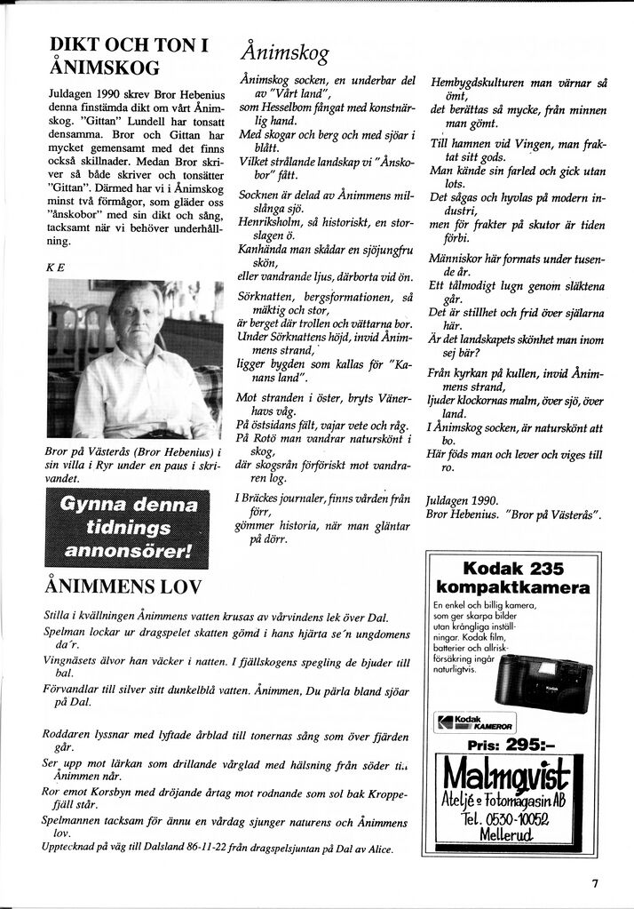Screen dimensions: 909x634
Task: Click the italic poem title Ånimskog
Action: pyautogui.click(x=285, y=54)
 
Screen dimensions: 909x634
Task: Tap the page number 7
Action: pyautogui.click(x=595, y=883)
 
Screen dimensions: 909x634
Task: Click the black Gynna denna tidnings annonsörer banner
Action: pyautogui.click(x=127, y=529)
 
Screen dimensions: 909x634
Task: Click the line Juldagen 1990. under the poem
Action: pyautogui.click(x=456, y=498)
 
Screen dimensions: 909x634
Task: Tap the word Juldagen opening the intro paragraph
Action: pyautogui.click(x=70, y=92)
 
